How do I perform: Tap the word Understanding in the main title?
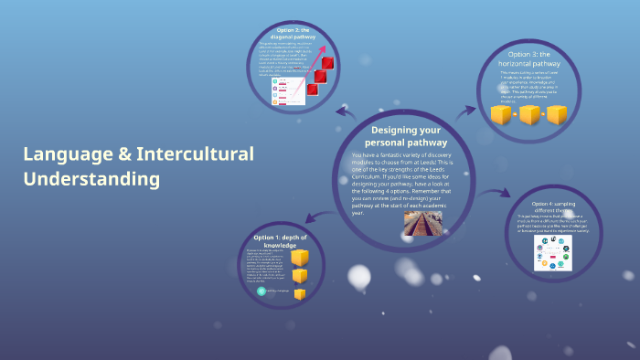coord(91,179)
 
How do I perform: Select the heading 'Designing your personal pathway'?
coord(407,136)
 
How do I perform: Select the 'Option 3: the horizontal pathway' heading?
coord(529,58)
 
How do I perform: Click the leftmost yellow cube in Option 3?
coord(501,115)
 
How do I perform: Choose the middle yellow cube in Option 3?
coord(529,115)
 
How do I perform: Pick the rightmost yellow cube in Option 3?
coord(558,115)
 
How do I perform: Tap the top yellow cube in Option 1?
coord(299,258)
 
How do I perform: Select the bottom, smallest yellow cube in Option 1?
coord(299,292)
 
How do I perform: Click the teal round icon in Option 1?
coord(261,291)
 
